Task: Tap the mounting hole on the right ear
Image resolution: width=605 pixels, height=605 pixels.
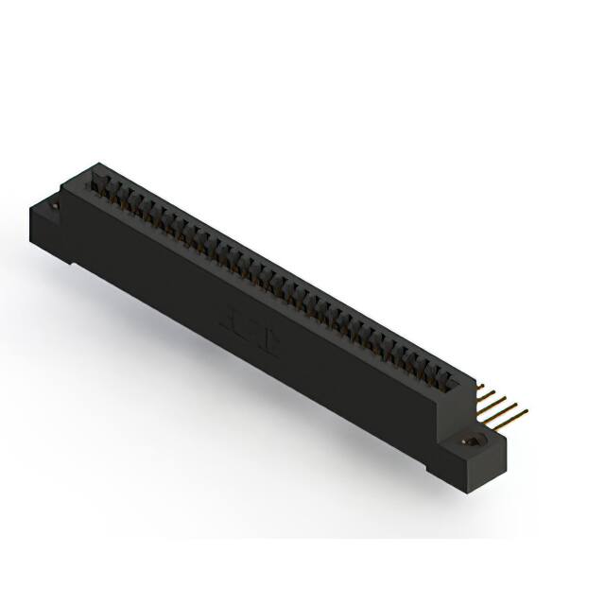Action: pyautogui.click(x=469, y=441)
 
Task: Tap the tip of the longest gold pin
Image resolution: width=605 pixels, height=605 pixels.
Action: pyautogui.click(x=526, y=411)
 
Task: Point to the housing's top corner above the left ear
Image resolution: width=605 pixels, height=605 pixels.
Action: pyautogui.click(x=92, y=165)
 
